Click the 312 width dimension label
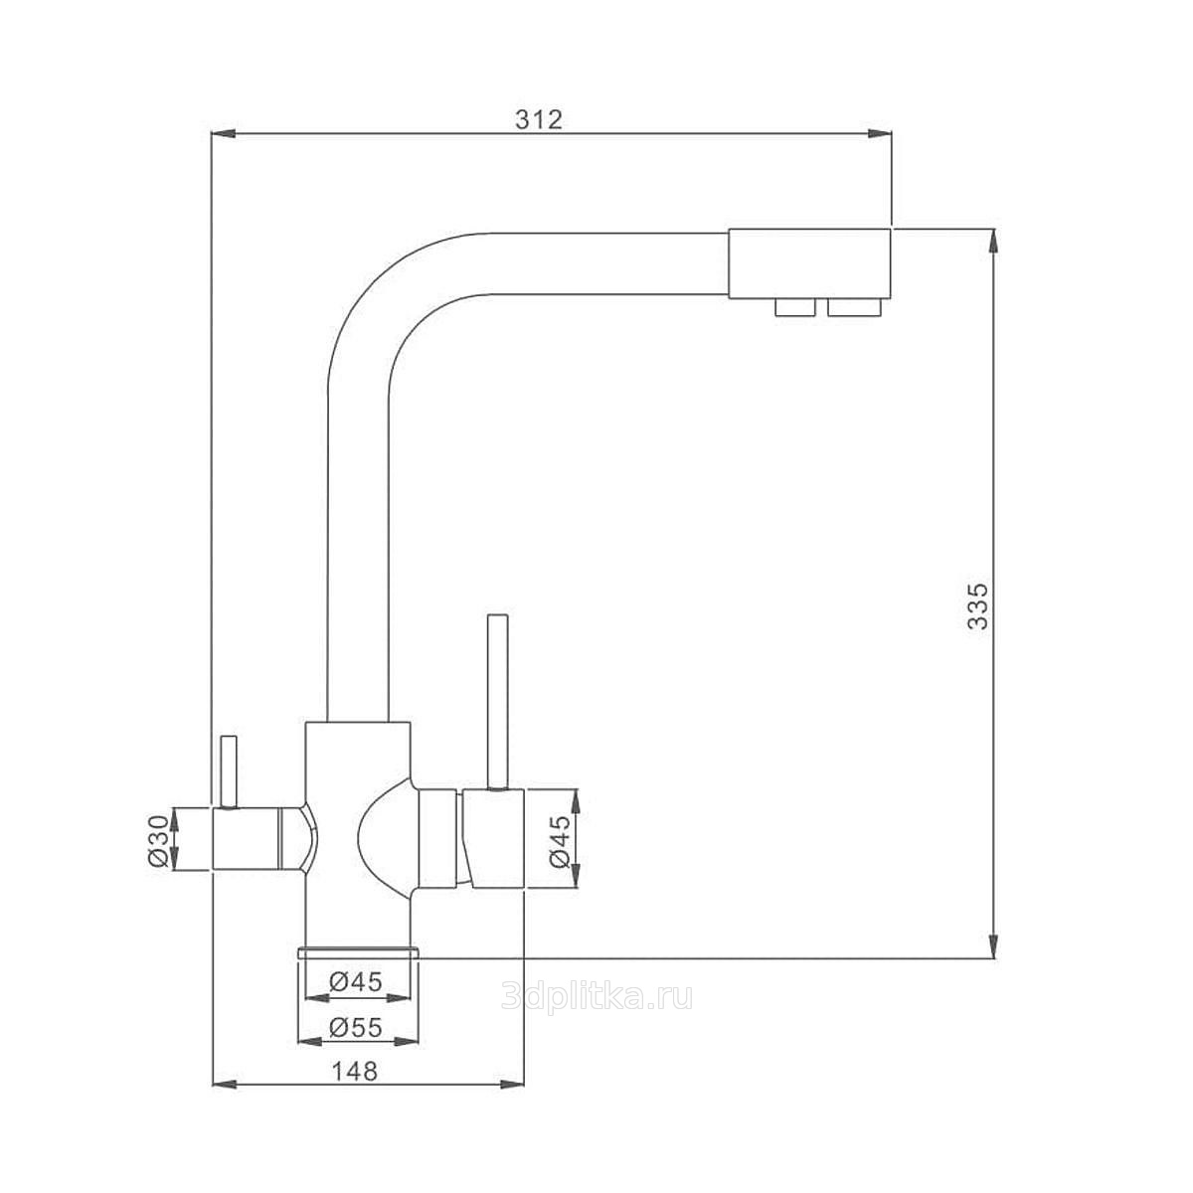click(539, 119)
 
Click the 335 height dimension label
click(977, 605)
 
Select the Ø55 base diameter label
click(356, 1028)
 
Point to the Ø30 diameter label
click(158, 840)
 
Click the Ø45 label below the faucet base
click(356, 982)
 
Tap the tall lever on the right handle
click(498, 702)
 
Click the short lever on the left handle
click(229, 771)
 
